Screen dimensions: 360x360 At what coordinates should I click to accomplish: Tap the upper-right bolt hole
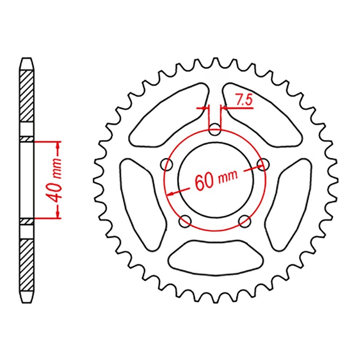pos(261,165)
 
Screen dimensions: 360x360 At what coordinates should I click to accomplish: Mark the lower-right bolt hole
pos(245,220)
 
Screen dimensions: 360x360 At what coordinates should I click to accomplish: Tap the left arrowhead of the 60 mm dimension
pos(171,193)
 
